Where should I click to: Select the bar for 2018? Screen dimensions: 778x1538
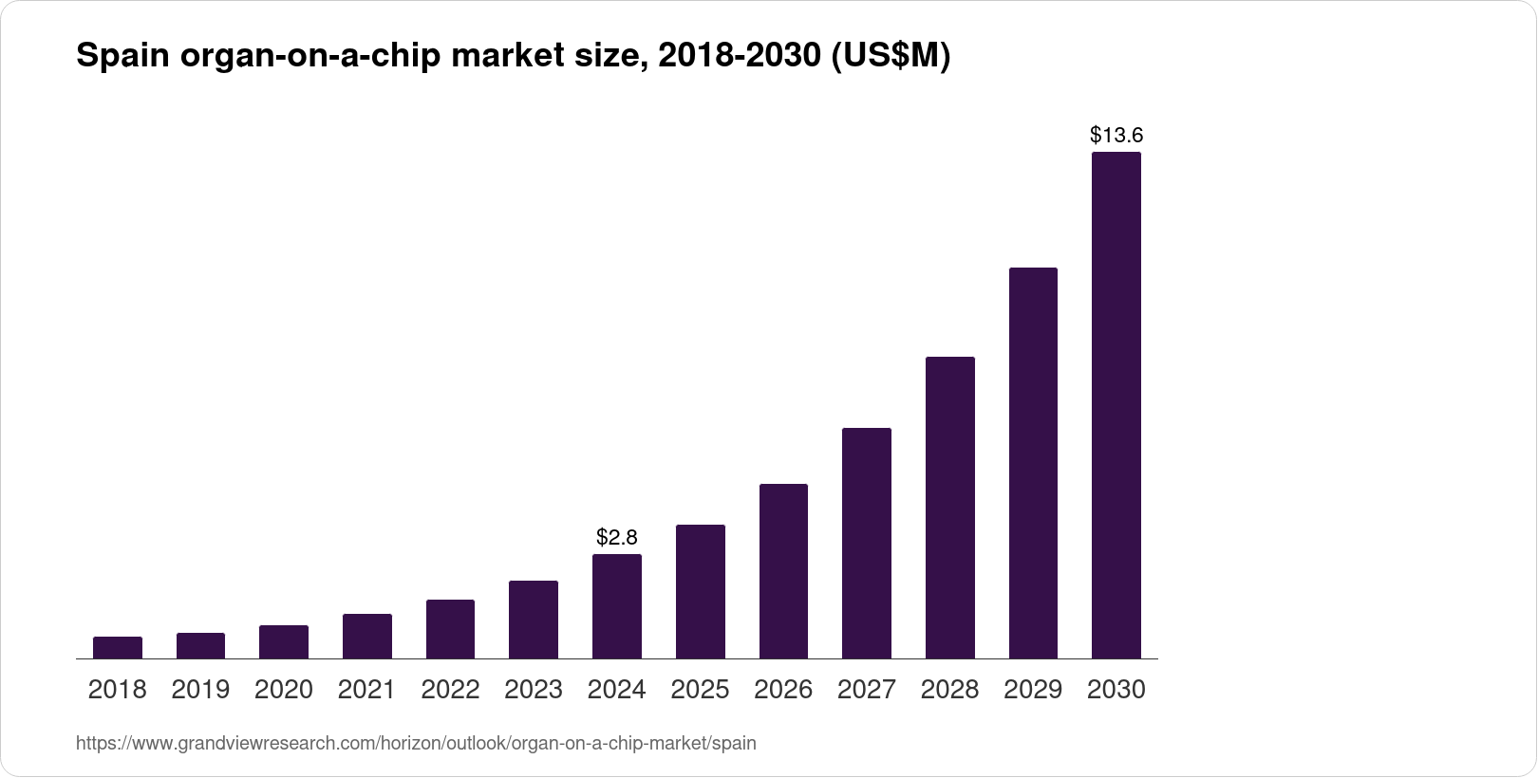[118, 648]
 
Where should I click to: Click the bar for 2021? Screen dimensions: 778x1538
[367, 637]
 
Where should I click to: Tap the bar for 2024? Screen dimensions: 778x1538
[617, 607]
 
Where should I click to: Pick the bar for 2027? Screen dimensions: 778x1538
[867, 544]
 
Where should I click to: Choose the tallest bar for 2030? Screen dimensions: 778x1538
[1116, 406]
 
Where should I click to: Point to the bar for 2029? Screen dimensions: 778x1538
[1033, 464]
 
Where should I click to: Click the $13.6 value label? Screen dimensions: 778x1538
[1116, 135]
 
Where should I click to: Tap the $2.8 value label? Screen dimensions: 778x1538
[617, 538]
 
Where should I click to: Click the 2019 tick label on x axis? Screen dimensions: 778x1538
[200, 690]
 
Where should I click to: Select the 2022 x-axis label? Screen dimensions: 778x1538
[450, 690]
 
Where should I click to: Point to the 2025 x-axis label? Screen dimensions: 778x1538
[700, 690]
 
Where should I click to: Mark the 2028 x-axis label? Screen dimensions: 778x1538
[949, 690]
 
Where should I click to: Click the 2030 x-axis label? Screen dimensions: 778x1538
[1116, 690]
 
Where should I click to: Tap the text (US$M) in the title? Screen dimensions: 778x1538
[891, 57]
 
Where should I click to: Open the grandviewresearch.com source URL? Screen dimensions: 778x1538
[416, 744]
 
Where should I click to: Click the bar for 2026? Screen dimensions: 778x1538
[783, 571]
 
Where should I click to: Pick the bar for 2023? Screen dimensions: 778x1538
[534, 620]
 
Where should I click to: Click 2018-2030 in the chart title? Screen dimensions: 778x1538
[739, 57]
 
